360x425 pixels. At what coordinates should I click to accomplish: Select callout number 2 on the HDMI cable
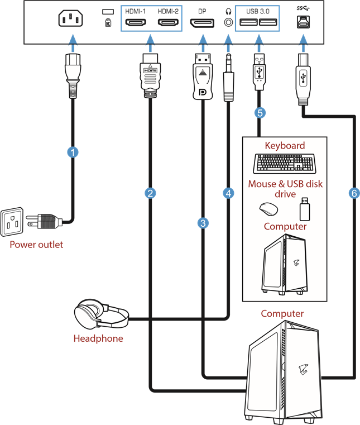click(x=150, y=193)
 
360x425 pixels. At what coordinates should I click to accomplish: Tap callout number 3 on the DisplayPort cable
click(x=203, y=223)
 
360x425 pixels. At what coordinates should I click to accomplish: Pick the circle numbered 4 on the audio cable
click(x=228, y=193)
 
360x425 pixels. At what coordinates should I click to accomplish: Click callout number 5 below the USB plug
click(x=260, y=112)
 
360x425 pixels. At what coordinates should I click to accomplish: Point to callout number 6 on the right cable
click(x=353, y=193)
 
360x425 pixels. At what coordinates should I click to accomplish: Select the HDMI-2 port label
click(x=167, y=11)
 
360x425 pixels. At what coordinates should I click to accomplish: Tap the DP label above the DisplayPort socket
click(x=201, y=11)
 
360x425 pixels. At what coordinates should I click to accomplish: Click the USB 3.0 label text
click(x=257, y=11)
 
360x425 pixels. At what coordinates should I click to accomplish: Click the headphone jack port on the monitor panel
click(x=228, y=23)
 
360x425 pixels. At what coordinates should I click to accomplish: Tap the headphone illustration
click(x=101, y=316)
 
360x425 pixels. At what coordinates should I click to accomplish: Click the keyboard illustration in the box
click(x=284, y=163)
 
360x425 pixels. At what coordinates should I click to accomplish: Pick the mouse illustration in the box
click(x=268, y=209)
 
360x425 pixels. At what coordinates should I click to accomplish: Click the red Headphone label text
click(x=98, y=339)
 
